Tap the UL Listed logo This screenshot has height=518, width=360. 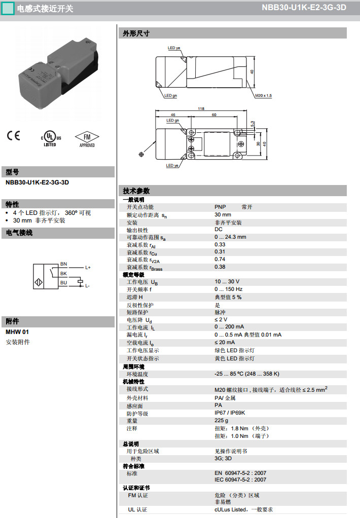pyautogui.click(x=50, y=138)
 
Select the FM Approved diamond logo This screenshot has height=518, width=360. pyautogui.click(x=87, y=138)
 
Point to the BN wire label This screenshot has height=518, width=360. pyautogui.click(x=63, y=264)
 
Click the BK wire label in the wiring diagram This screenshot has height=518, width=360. pyautogui.click(x=63, y=273)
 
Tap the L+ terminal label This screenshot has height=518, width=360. pyautogui.click(x=88, y=267)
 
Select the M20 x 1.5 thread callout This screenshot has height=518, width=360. pyautogui.click(x=263, y=95)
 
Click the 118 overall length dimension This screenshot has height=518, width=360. pyautogui.click(x=201, y=108)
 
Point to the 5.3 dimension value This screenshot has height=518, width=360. pyautogui.click(x=252, y=124)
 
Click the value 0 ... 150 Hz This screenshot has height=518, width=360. pyautogui.click(x=228, y=289)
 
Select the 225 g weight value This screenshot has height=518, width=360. pyautogui.click(x=221, y=421)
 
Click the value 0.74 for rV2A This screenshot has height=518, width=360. pyautogui.click(x=220, y=259)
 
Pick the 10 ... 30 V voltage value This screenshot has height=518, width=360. pyautogui.click(x=227, y=281)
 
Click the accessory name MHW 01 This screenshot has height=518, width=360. pyautogui.click(x=17, y=331)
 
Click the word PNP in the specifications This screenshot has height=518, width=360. pyautogui.click(x=220, y=207)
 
